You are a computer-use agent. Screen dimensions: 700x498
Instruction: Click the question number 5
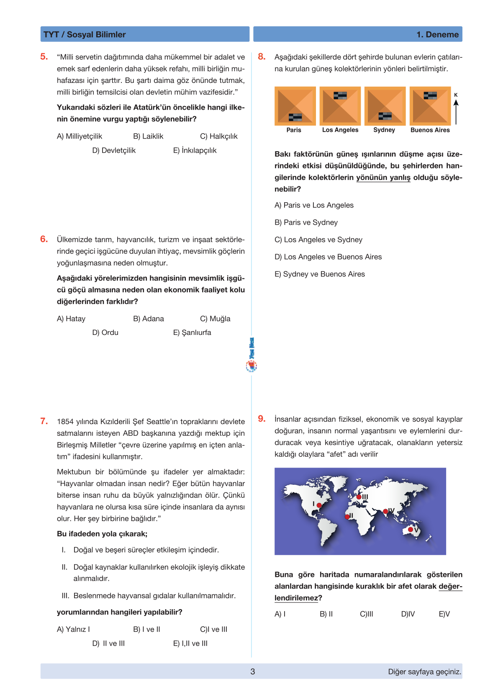coord(44,57)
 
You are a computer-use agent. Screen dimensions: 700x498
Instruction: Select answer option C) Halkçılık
coord(218,136)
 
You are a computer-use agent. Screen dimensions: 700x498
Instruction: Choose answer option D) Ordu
coord(105,332)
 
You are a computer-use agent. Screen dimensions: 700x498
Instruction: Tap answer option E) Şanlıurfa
coord(192,332)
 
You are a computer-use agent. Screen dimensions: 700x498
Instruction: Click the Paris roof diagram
coord(295,106)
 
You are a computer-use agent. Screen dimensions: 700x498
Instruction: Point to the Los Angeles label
coord(340,130)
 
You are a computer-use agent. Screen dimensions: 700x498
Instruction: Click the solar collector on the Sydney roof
coord(385,116)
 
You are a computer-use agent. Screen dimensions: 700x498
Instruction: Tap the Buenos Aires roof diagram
coord(430,106)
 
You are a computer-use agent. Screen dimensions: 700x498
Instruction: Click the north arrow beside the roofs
coord(456,110)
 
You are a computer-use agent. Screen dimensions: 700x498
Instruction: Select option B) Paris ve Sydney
coord(306,222)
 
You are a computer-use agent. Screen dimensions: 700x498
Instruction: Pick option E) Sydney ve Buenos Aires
coord(320,274)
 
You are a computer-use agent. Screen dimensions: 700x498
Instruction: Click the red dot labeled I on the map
coord(319,505)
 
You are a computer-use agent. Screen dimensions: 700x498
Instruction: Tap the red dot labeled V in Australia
coord(411,530)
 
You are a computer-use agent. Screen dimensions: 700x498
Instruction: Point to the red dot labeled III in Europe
coord(359,497)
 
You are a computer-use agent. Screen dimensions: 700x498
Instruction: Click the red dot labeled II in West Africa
coord(347,517)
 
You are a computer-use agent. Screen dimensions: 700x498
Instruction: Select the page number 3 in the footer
coord(252,672)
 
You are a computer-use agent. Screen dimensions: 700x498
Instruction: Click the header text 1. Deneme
coord(437,34)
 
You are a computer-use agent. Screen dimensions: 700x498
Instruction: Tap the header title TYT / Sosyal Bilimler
coord(85,34)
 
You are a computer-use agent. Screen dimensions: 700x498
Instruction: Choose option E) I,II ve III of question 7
coord(190,643)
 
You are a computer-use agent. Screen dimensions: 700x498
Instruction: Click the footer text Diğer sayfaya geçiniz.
coord(424,672)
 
